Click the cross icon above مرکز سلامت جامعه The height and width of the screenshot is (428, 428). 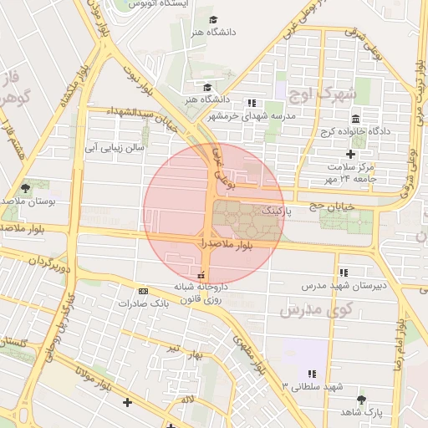350,154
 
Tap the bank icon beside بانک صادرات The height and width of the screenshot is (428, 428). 143,291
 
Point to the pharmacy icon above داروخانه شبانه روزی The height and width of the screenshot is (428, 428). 201,275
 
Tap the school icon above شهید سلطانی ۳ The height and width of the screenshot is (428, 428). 313,374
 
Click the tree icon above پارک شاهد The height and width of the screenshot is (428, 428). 361,400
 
